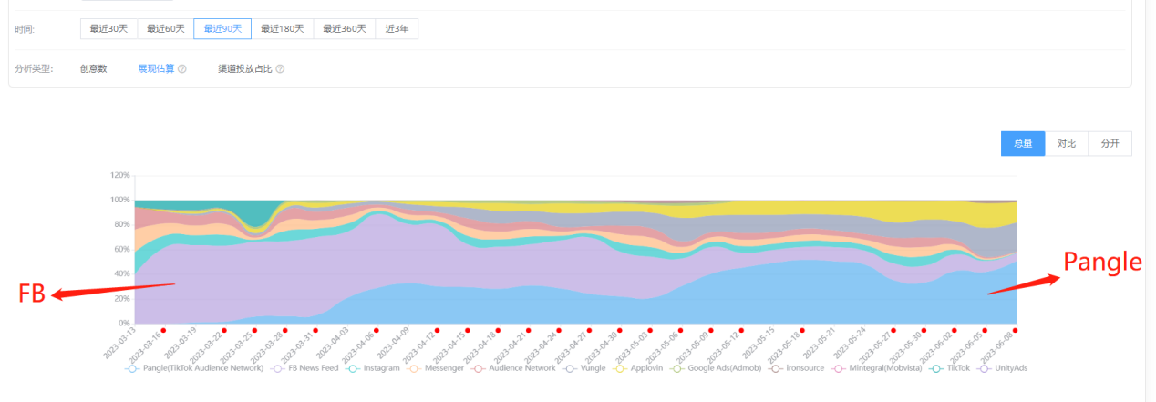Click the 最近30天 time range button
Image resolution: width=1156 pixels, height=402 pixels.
(108, 29)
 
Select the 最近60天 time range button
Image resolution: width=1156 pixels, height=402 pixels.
(165, 29)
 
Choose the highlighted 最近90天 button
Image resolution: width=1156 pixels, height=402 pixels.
(222, 29)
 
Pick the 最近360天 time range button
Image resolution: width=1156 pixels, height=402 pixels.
(344, 29)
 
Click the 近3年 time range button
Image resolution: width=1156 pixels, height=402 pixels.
(397, 29)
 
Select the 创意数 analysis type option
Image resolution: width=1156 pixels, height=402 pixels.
(93, 68)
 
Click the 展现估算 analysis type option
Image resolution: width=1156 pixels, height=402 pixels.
(156, 68)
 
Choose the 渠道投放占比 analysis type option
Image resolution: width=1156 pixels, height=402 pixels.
(244, 68)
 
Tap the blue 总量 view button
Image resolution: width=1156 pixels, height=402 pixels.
(1023, 144)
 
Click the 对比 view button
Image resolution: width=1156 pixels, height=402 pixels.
(1067, 144)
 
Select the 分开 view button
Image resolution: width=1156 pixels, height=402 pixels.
(1110, 144)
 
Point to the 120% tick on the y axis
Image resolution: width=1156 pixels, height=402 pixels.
(120, 175)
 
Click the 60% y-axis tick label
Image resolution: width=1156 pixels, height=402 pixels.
(122, 249)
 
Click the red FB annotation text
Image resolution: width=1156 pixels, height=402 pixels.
(32, 294)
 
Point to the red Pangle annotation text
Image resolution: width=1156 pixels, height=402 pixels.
(1102, 263)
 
